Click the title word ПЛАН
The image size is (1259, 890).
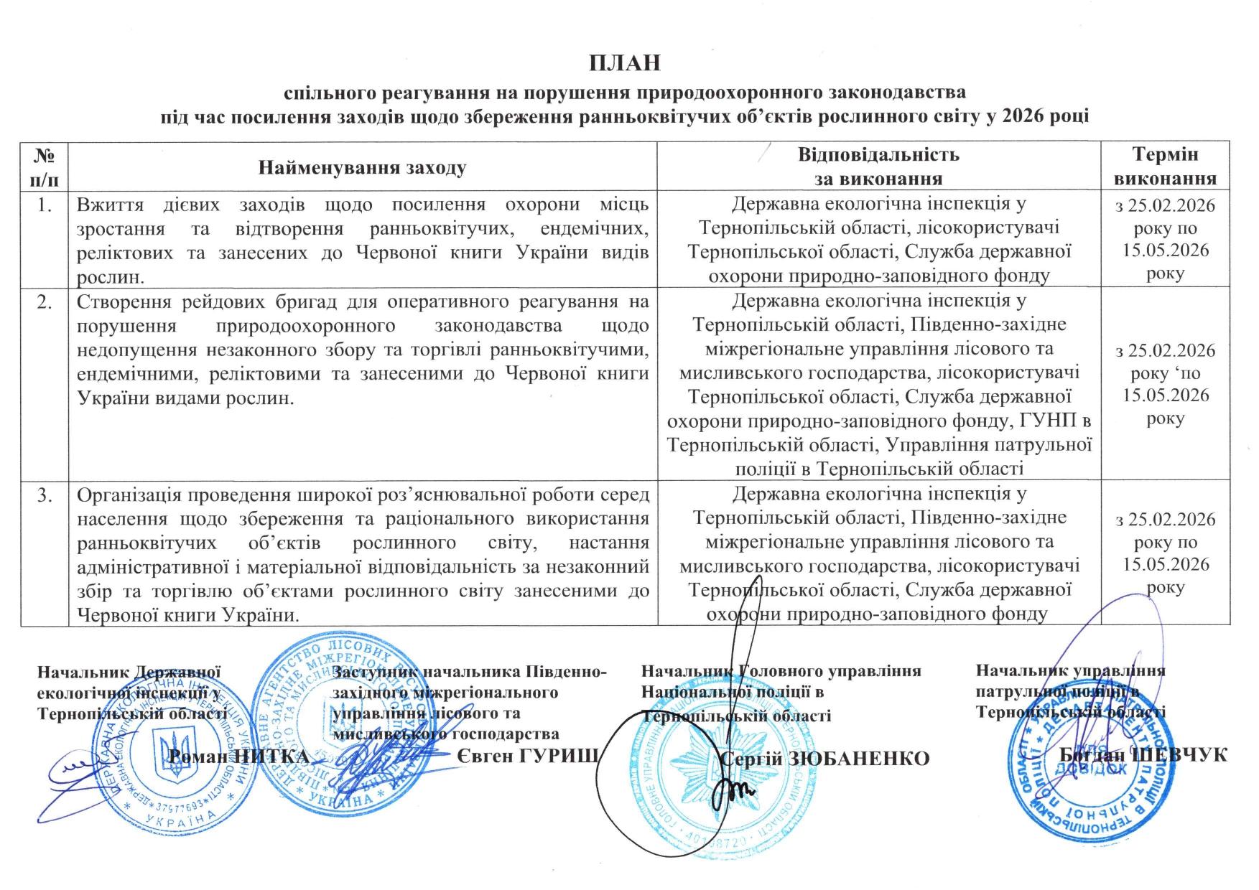(x=624, y=63)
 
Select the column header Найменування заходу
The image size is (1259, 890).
(x=362, y=168)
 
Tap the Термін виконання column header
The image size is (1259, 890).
(x=1165, y=166)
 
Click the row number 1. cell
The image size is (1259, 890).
(x=45, y=205)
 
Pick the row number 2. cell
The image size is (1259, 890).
(x=45, y=302)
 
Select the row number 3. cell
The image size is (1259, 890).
(x=45, y=495)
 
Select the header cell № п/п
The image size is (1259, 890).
(x=45, y=167)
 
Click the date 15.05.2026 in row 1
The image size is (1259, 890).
(x=1165, y=250)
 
